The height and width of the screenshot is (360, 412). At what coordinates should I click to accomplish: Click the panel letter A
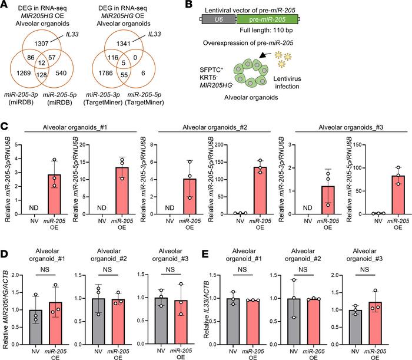tap(6, 6)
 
